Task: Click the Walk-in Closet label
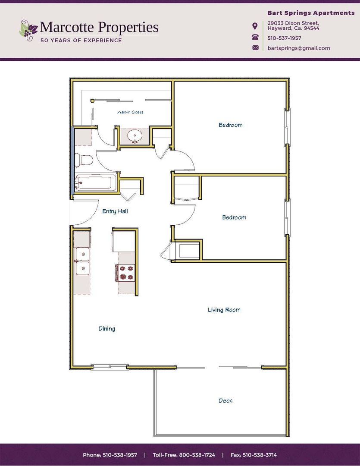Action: [x=130, y=112]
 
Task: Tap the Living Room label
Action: [x=224, y=310]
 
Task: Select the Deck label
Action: [x=225, y=401]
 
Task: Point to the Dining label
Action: [x=107, y=329]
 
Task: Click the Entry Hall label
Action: [x=115, y=211]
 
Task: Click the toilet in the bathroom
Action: [x=84, y=161]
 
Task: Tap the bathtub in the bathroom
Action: [x=95, y=183]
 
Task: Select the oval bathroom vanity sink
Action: [x=135, y=136]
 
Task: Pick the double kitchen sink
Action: [x=82, y=261]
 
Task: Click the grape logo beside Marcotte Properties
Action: [x=28, y=29]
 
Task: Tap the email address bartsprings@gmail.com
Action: [x=298, y=48]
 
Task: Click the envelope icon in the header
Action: [x=255, y=48]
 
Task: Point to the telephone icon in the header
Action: [x=255, y=38]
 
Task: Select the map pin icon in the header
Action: [x=255, y=26]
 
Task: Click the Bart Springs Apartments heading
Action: [x=310, y=13]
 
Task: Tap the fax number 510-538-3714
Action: [x=254, y=455]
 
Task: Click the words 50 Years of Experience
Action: [x=81, y=41]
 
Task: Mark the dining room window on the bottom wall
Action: [x=110, y=367]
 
